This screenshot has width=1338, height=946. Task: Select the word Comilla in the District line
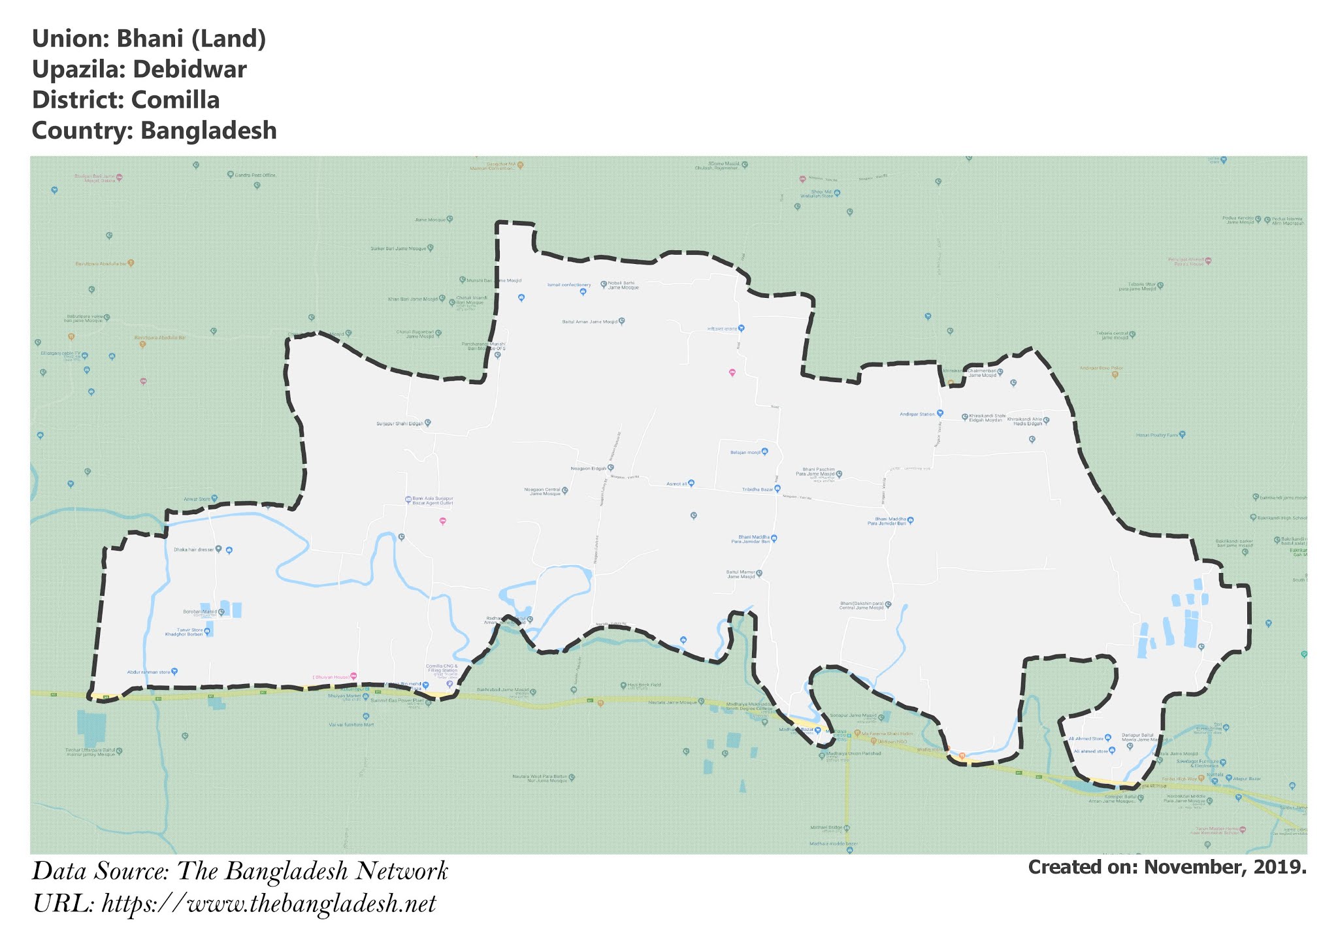pos(175,100)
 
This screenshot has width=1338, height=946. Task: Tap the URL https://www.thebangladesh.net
pos(269,904)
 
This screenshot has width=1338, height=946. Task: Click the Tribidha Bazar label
pos(757,489)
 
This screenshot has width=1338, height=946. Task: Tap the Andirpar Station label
pos(917,414)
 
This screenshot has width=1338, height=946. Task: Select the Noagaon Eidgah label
pos(589,468)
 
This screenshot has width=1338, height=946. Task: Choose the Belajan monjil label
pos(745,452)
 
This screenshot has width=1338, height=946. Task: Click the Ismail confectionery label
pos(568,285)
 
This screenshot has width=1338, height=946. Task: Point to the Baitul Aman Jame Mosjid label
pos(589,321)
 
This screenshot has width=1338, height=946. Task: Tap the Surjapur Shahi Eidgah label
pos(400,423)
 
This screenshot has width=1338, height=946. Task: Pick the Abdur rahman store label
pos(148,672)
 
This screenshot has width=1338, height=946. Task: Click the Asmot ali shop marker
pos(691,483)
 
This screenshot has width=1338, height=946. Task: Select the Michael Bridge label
pos(826,828)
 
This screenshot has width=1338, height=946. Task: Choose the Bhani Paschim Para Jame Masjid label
pos(819,471)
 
